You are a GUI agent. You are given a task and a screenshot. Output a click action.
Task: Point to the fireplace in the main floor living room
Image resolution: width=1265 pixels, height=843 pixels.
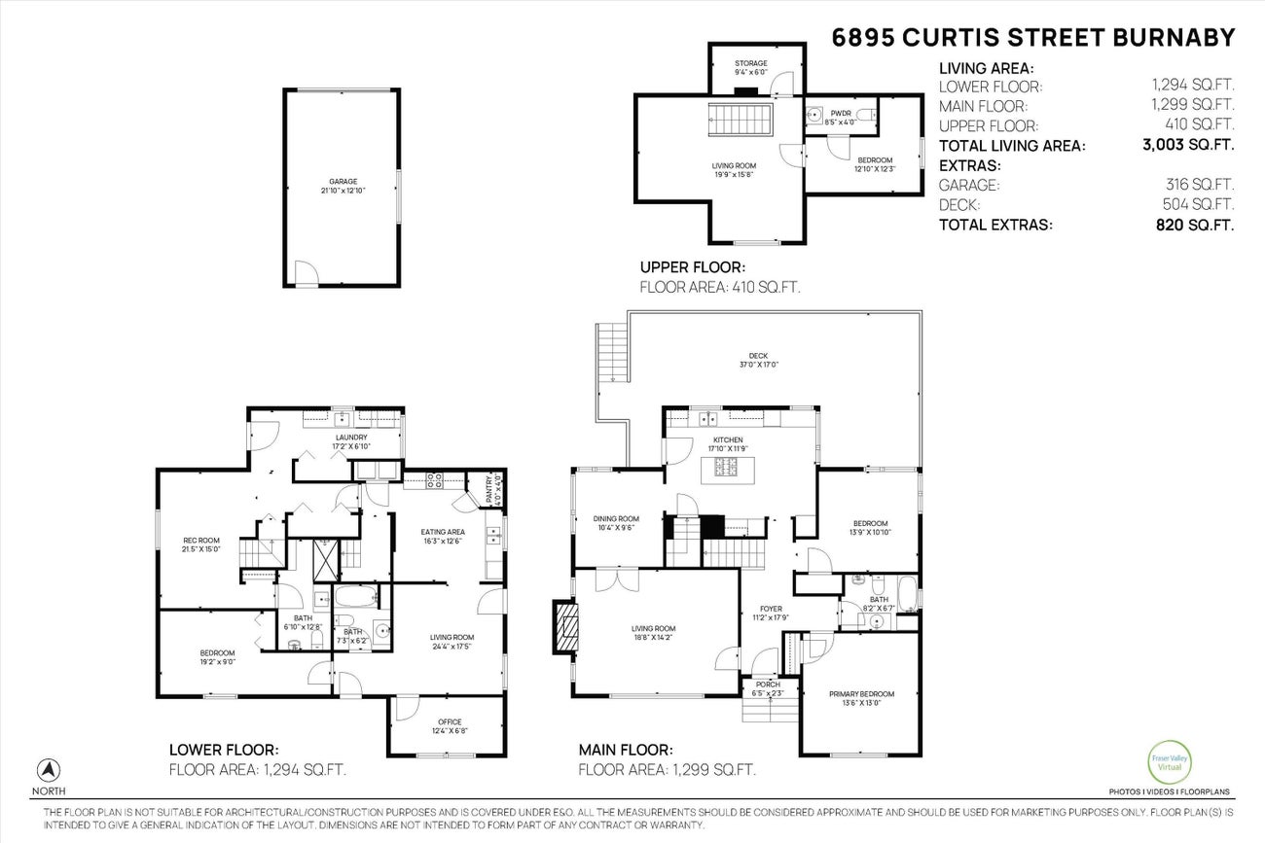pyautogui.click(x=565, y=631)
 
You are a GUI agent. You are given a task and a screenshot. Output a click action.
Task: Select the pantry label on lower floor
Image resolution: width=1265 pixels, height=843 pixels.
pyautogui.click(x=489, y=487)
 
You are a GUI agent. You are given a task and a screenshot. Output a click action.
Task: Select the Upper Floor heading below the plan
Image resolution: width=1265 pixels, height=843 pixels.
pyautogui.click(x=692, y=266)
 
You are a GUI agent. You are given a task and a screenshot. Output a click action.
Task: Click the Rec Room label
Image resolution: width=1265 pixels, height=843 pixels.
pyautogui.click(x=201, y=544)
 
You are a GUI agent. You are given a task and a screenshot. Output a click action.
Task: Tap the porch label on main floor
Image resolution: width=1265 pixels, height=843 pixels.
pyautogui.click(x=768, y=684)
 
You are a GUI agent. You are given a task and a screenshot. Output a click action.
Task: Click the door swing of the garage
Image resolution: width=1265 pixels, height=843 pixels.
pyautogui.click(x=306, y=275)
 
